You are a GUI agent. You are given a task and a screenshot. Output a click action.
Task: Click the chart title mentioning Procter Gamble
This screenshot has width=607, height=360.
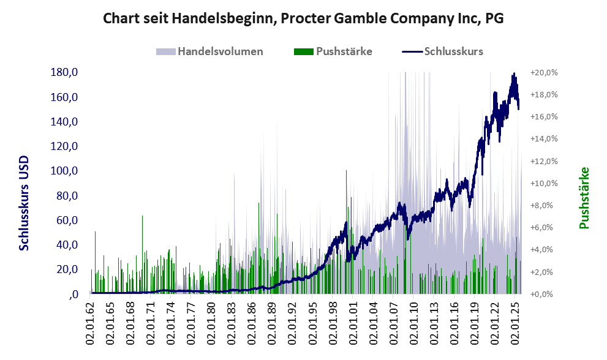click(303, 18)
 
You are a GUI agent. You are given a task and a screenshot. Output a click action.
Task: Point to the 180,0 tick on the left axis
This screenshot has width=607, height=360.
click(64, 73)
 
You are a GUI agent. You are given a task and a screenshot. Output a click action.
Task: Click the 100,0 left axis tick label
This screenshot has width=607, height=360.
click(64, 171)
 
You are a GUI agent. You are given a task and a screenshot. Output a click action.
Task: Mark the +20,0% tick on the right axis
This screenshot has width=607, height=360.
click(543, 73)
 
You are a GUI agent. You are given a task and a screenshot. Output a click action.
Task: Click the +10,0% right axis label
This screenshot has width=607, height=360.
click(543, 183)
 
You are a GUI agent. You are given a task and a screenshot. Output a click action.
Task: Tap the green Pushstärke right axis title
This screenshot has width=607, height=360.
click(584, 198)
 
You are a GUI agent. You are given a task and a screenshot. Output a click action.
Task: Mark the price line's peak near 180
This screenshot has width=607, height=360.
click(513, 74)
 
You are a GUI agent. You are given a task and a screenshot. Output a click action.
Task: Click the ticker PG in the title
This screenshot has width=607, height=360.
click(494, 18)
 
